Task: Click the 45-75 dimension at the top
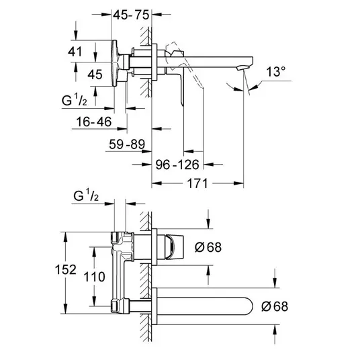(x=131, y=15)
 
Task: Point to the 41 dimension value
(x=75, y=52)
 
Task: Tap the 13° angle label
(x=276, y=72)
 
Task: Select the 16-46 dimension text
(x=93, y=122)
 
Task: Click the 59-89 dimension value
(x=127, y=144)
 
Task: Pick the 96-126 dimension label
(x=177, y=165)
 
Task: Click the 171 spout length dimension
(x=197, y=183)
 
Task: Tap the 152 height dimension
(x=65, y=269)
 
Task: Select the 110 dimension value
(x=94, y=277)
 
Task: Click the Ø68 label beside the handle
(x=208, y=247)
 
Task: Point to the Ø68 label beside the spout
(x=275, y=306)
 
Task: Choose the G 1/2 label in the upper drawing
(x=74, y=100)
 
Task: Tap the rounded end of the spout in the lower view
(x=250, y=306)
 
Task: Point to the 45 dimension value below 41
(x=95, y=75)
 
